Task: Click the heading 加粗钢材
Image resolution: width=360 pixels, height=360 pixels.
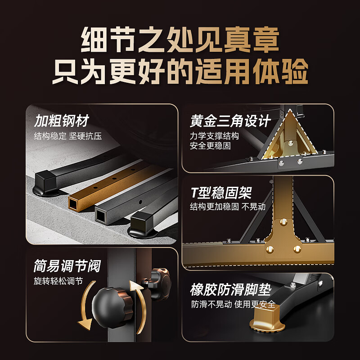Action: [61, 121]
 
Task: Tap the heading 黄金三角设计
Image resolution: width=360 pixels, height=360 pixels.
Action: [230, 121]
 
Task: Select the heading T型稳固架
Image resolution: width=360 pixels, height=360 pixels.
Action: [221, 193]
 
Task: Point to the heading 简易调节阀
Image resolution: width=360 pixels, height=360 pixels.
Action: [67, 266]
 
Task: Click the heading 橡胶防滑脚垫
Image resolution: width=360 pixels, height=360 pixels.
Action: [230, 289]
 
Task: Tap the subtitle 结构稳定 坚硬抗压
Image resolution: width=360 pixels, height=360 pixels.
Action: [68, 136]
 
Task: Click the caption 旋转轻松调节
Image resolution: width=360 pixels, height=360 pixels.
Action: [58, 281]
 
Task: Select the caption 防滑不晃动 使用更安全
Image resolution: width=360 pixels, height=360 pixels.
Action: [233, 304]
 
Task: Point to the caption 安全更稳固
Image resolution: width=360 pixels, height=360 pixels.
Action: [210, 145]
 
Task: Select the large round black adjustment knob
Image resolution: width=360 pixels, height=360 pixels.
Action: [112, 307]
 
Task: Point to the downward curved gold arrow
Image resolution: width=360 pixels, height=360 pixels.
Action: [87, 306]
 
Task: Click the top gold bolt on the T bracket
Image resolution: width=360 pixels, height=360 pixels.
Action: [283, 221]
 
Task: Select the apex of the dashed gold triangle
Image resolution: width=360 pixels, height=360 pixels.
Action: [290, 110]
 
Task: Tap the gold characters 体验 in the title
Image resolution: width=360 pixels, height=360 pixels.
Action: [280, 71]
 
